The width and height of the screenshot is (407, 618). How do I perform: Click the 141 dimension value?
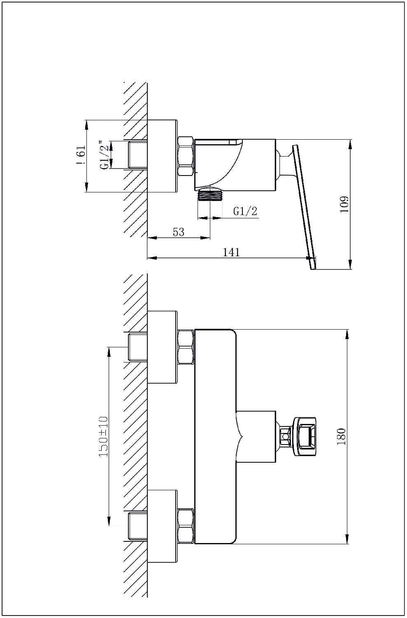click(231, 252)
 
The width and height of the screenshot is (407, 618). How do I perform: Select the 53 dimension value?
click(178, 232)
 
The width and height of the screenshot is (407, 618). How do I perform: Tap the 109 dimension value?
click(344, 204)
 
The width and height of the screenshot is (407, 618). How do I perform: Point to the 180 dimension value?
click(341, 436)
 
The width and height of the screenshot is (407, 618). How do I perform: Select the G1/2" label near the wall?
click(105, 155)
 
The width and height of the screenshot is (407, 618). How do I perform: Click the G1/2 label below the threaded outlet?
click(245, 211)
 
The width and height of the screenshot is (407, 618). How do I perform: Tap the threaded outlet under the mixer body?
click(210, 195)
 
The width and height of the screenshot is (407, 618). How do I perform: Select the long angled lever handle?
click(305, 207)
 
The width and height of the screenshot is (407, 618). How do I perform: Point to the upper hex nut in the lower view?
click(186, 347)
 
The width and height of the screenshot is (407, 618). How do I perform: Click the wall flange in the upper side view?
click(162, 156)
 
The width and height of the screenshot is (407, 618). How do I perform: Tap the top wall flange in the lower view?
click(162, 347)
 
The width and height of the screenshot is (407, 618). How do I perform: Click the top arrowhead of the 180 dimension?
click(348, 335)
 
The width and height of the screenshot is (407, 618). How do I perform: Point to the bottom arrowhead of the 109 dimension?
click(350, 265)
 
